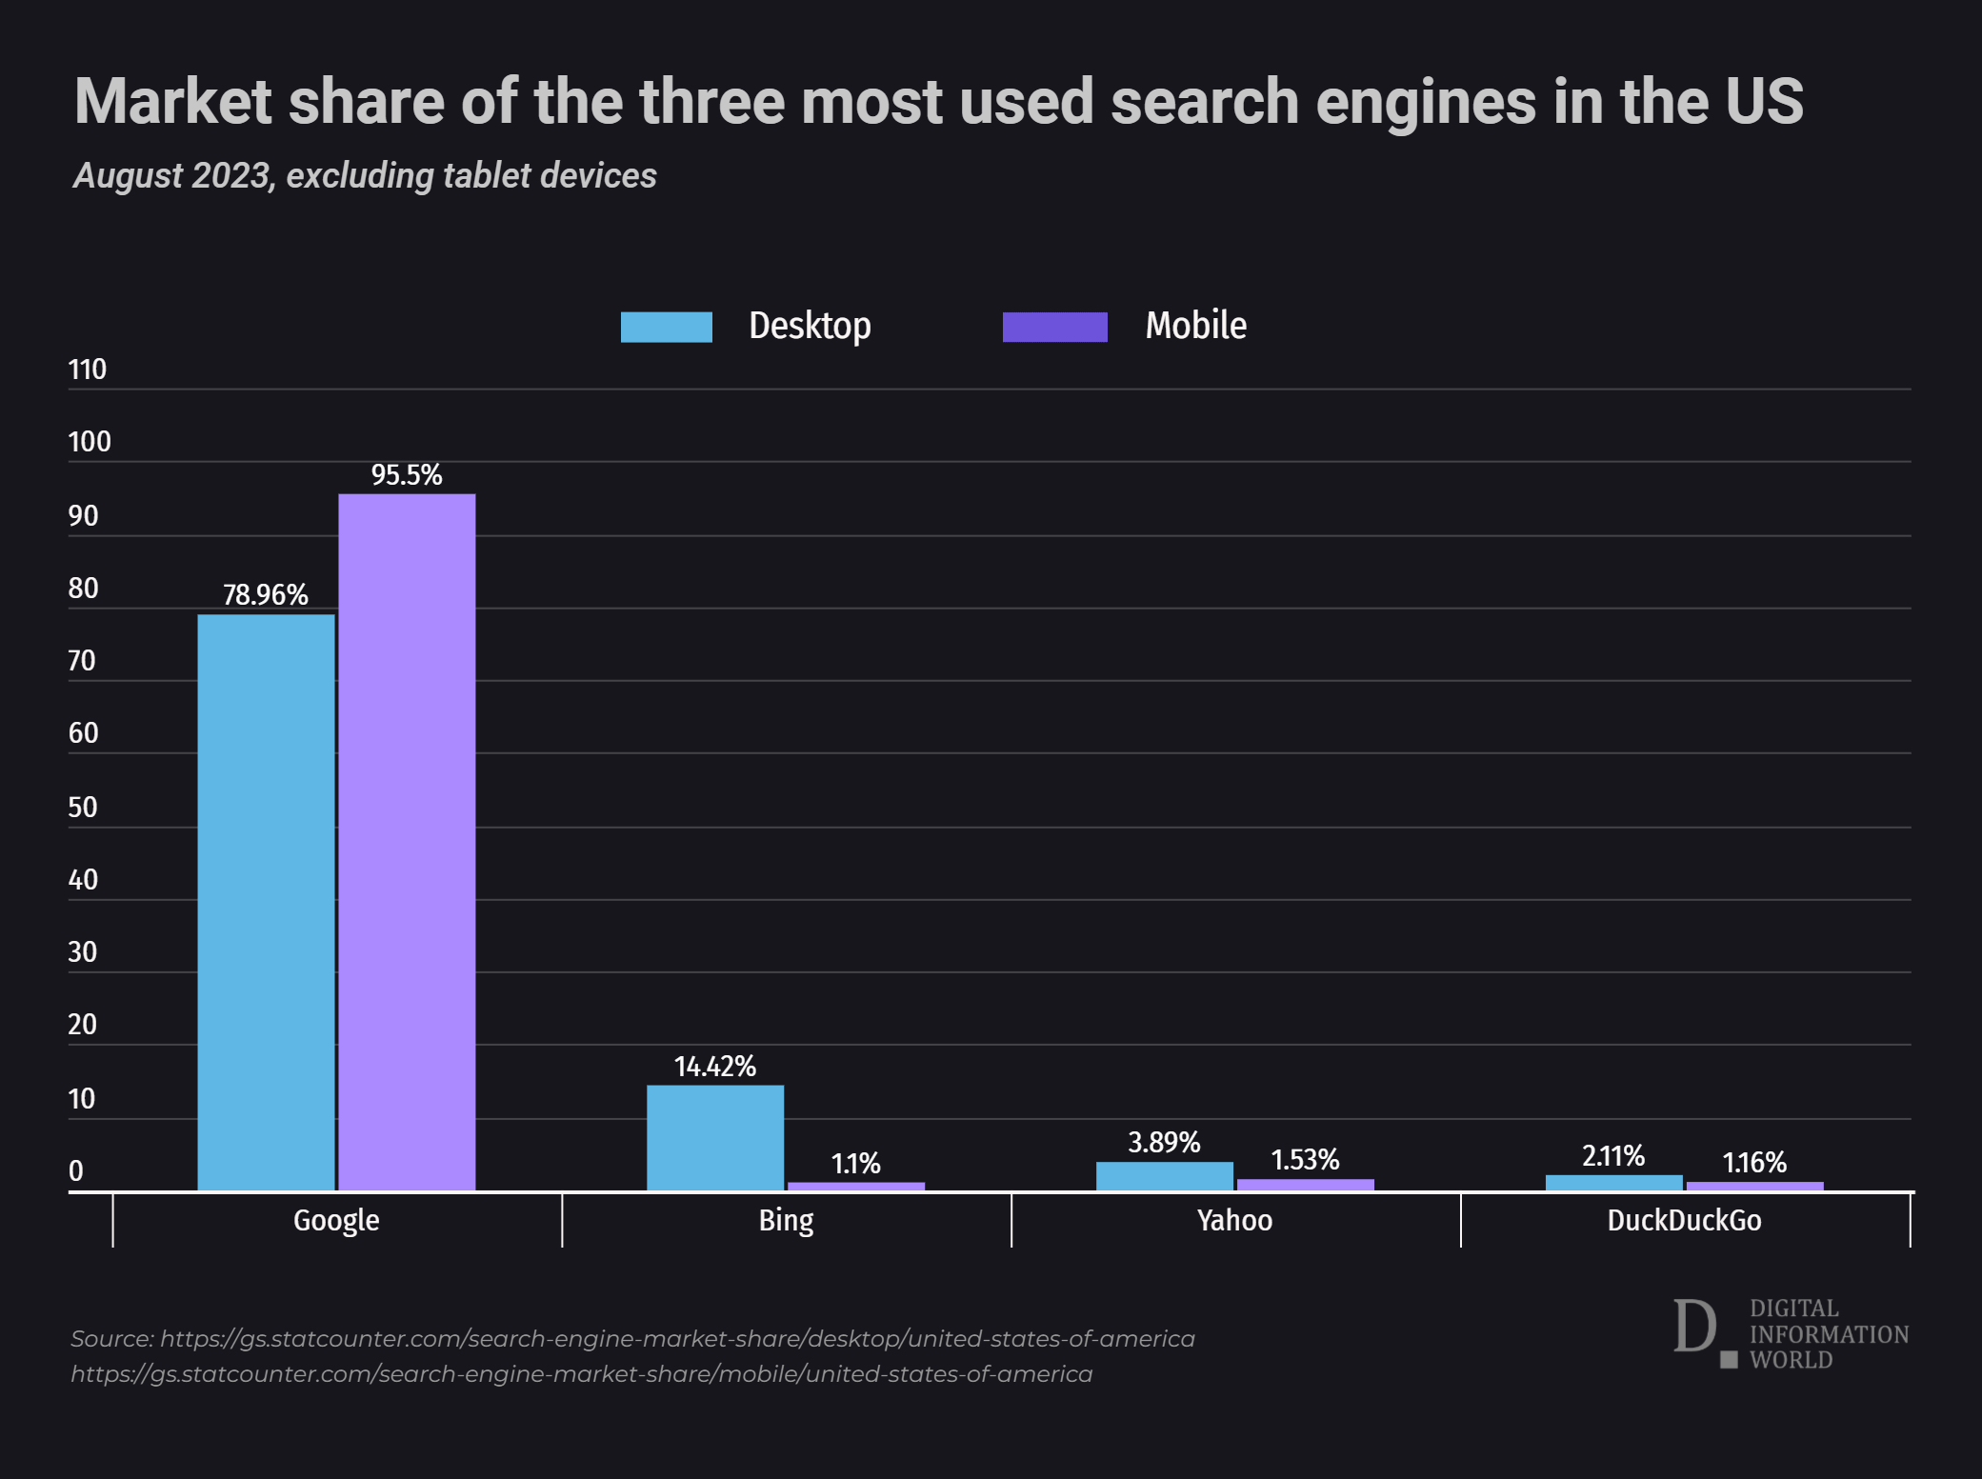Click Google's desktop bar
coord(266,902)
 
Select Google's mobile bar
coord(407,842)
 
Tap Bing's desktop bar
coord(715,1138)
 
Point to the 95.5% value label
coord(407,474)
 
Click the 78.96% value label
coord(266,594)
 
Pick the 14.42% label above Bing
coord(715,1066)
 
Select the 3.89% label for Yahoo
coord(1164,1142)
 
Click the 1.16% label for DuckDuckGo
coord(1754,1162)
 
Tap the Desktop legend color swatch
coord(667,327)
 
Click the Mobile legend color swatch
coord(1054,327)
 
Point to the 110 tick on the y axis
coord(88,370)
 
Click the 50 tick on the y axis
coord(83,807)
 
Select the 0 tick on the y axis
coord(76,1170)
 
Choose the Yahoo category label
coord(1234,1220)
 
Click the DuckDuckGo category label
coord(1684,1220)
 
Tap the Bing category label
coord(786,1220)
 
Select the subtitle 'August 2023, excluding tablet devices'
coord(365,175)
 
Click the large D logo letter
coord(1694,1326)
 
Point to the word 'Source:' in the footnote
coord(112,1338)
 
